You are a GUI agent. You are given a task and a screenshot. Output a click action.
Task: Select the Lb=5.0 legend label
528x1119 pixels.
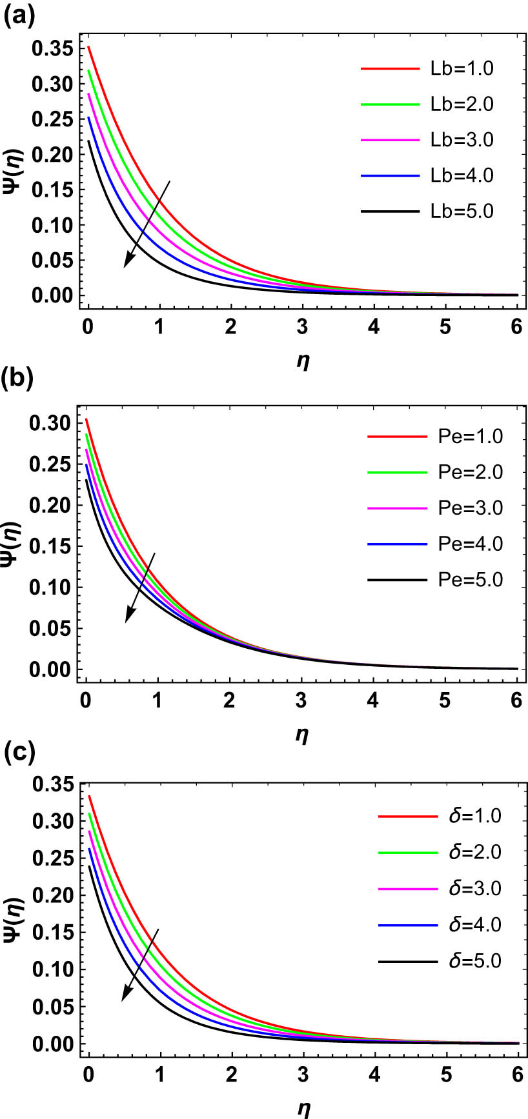[x=462, y=212]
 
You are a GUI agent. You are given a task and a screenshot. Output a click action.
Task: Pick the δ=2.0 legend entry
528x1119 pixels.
[x=474, y=853]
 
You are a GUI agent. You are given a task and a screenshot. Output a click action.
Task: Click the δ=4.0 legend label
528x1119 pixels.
[x=474, y=926]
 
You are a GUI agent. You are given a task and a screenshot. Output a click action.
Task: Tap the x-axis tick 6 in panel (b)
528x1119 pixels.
[x=516, y=701]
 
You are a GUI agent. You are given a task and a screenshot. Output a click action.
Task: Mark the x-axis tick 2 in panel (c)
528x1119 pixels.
[x=230, y=1075]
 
